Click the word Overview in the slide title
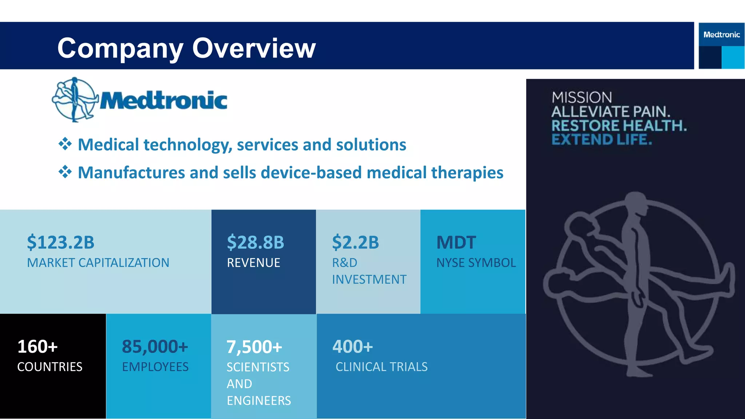click(254, 48)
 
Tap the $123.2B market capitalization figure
click(61, 243)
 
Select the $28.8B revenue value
click(255, 243)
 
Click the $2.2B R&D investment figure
click(355, 243)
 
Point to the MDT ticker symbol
click(456, 243)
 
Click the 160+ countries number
click(37, 347)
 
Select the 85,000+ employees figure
click(155, 347)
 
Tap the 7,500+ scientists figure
click(254, 347)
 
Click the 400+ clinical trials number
click(352, 347)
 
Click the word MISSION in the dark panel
click(582, 97)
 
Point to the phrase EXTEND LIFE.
click(602, 140)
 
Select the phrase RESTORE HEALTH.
click(619, 126)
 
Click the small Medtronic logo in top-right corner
click(721, 35)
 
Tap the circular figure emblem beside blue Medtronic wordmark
click(75, 99)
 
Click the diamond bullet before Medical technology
click(65, 144)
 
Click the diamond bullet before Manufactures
click(65, 172)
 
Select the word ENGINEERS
click(259, 400)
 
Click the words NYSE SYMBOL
click(476, 263)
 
